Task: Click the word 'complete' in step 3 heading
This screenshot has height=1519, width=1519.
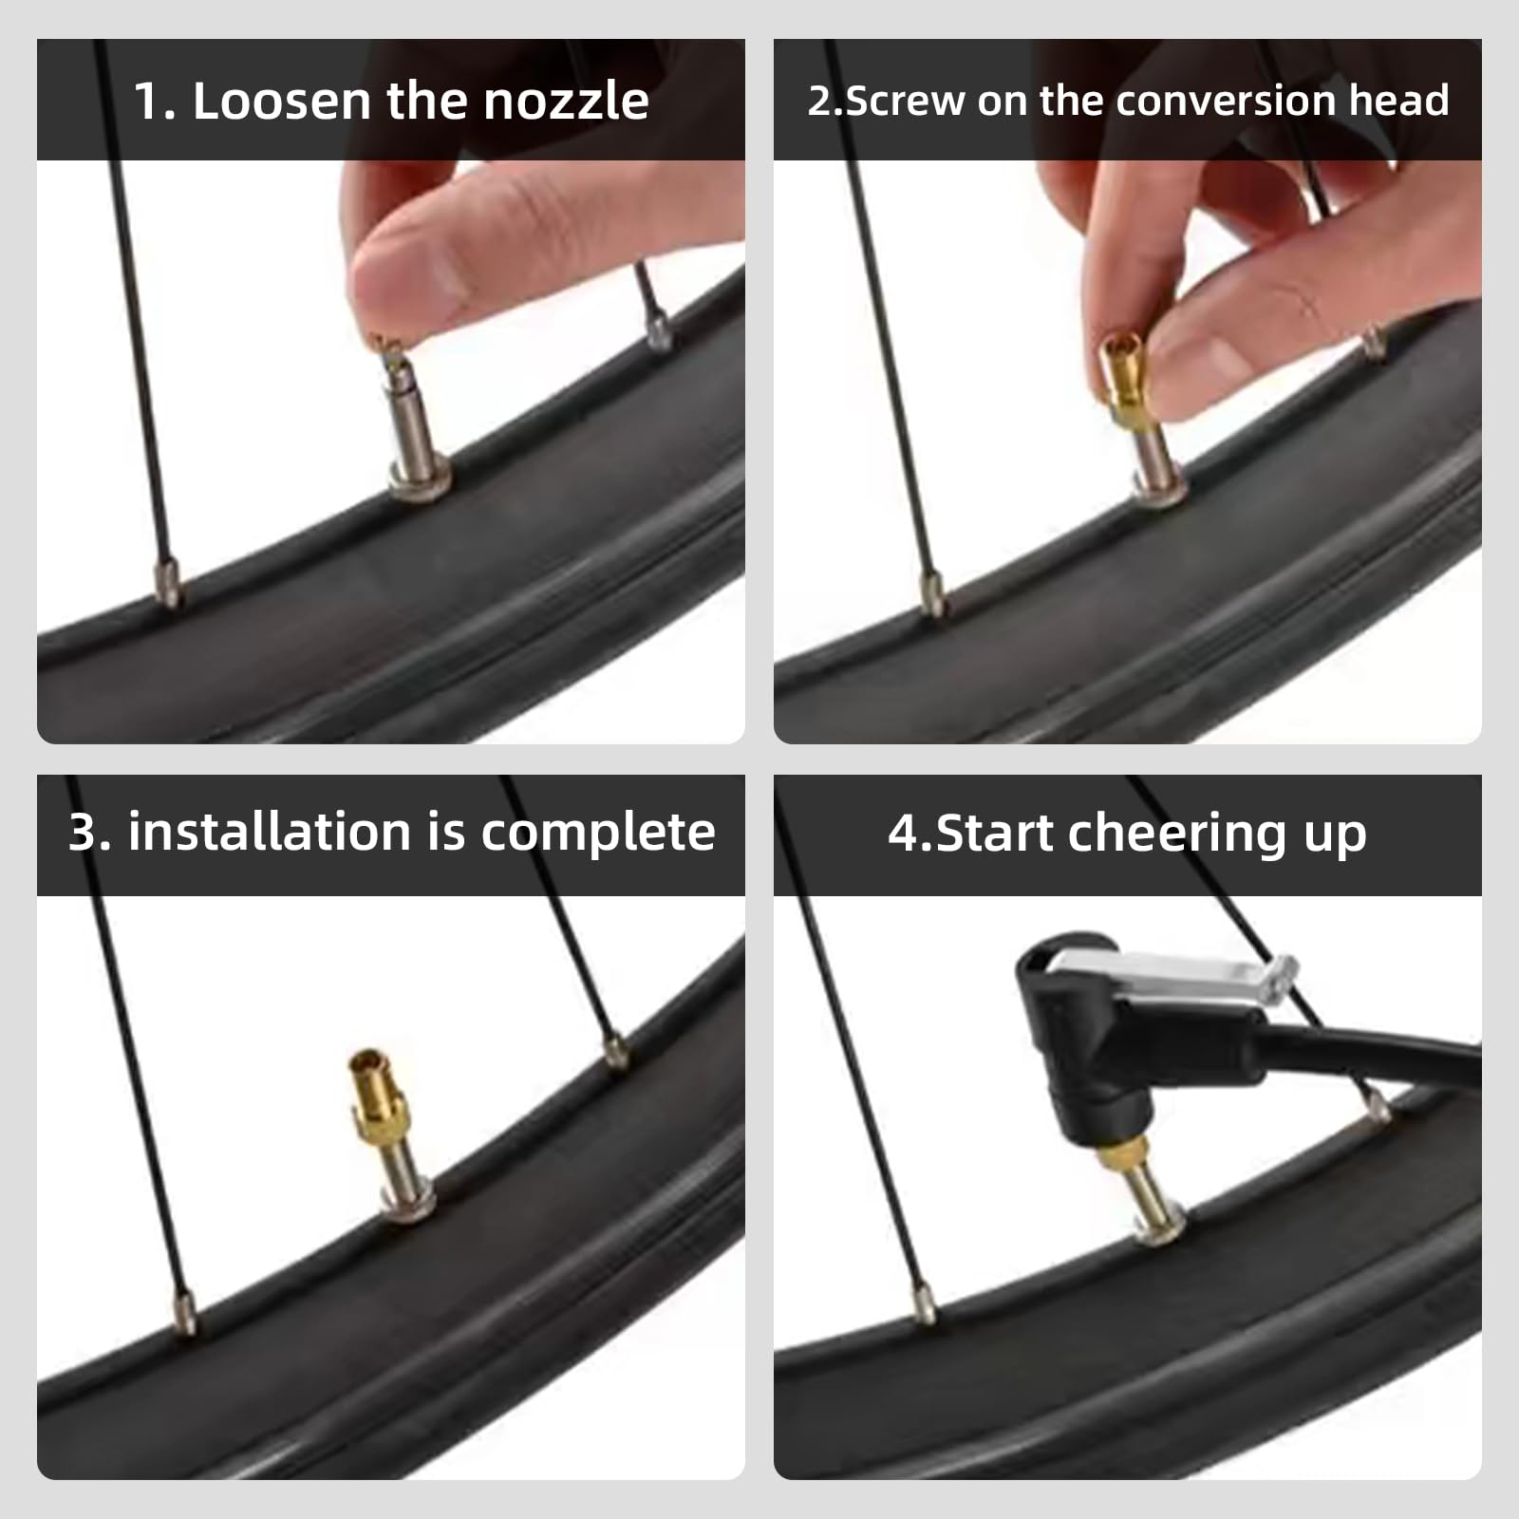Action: click(x=597, y=833)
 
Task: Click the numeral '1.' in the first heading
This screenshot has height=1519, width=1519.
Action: click(x=154, y=101)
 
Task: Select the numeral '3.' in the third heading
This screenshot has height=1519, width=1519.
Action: click(x=90, y=833)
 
